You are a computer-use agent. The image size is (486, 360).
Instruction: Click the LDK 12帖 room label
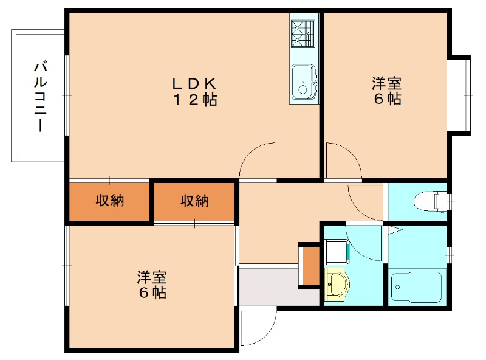click(x=193, y=92)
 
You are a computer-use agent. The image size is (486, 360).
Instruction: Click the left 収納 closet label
click(x=109, y=201)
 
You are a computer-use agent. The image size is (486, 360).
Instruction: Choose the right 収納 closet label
click(x=194, y=201)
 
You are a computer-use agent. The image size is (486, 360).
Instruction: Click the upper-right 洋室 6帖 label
click(x=387, y=91)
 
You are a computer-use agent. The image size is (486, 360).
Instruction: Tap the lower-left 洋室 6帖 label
click(x=151, y=285)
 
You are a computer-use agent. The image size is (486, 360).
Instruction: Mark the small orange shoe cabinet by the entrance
click(x=309, y=265)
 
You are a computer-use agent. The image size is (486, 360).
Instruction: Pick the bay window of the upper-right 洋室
click(x=460, y=94)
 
